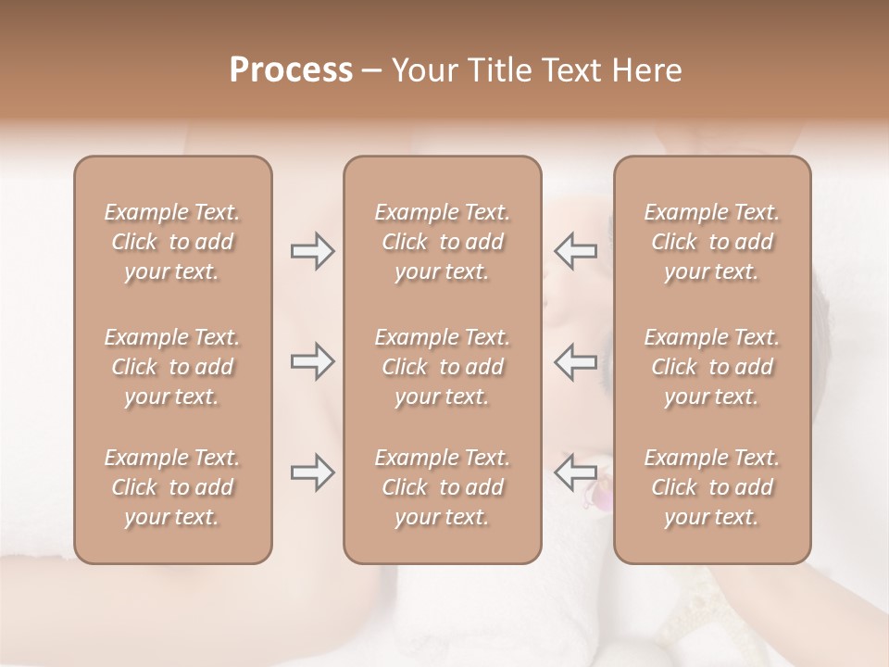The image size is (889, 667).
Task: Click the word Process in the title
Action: [x=291, y=70]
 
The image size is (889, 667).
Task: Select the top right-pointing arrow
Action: [x=312, y=251]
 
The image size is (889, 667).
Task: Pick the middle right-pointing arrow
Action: [x=312, y=361]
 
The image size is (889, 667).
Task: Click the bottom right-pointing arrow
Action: [x=312, y=472]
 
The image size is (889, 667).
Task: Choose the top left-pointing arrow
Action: [x=575, y=251]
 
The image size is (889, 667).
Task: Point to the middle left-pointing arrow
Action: [x=575, y=361]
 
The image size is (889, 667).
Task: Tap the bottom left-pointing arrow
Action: [x=575, y=472]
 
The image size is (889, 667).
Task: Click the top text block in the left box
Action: [x=172, y=242]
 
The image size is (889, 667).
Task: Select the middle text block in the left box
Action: [x=172, y=367]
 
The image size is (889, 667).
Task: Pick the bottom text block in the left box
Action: [x=172, y=487]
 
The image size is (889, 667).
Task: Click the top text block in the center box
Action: [x=443, y=242]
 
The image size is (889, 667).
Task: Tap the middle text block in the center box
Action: [x=443, y=367]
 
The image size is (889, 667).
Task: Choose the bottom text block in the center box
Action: [x=443, y=487]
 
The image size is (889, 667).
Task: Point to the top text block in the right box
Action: [x=712, y=242]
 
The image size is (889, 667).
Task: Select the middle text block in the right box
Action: [x=712, y=367]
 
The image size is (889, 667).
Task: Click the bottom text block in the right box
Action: [x=712, y=487]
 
